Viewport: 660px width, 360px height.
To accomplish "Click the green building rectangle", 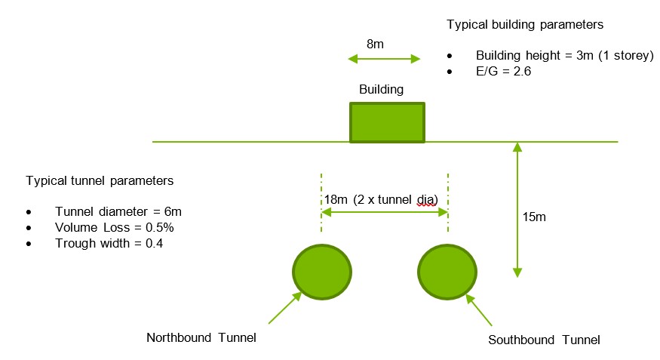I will (x=387, y=122).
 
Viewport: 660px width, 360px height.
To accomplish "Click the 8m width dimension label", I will (x=375, y=44).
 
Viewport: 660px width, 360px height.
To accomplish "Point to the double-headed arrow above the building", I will (x=383, y=59).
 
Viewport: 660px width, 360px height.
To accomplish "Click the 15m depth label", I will (x=535, y=217).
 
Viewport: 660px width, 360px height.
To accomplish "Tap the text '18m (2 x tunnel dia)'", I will (x=381, y=199).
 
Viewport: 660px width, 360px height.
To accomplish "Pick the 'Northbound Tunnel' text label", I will (x=201, y=337).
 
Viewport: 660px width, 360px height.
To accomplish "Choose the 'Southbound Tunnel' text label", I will (x=544, y=340).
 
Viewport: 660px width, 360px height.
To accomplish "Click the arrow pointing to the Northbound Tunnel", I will (x=284, y=308).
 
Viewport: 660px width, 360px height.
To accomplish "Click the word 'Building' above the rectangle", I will (x=381, y=89).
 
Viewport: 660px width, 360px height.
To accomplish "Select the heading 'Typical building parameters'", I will (x=525, y=24).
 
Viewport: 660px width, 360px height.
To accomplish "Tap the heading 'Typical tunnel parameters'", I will (x=100, y=181).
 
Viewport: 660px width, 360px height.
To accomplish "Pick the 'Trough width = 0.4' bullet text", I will (x=109, y=243).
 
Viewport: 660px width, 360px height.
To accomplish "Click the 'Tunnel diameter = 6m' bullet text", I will (x=114, y=211).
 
